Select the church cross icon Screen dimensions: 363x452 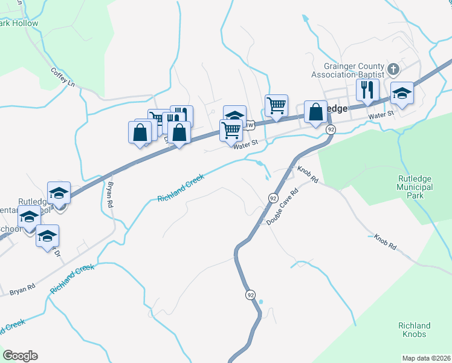pos(392,69)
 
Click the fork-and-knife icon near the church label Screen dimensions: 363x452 pos(367,91)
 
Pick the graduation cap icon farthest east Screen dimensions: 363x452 pos(401,94)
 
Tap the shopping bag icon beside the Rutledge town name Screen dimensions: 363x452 pos(315,112)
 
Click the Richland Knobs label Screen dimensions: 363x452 pos(414,330)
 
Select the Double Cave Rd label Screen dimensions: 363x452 pos(283,209)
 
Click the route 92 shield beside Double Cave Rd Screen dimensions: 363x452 pos(273,198)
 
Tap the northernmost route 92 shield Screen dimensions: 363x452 pos(331,129)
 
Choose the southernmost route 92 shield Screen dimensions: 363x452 pos(250,295)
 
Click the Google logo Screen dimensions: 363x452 pos(20,356)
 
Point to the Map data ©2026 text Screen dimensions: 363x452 pos(426,358)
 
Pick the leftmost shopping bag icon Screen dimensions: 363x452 pos(140,132)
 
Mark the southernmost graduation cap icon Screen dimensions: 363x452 pos(47,237)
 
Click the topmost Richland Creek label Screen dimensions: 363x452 pos(181,189)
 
